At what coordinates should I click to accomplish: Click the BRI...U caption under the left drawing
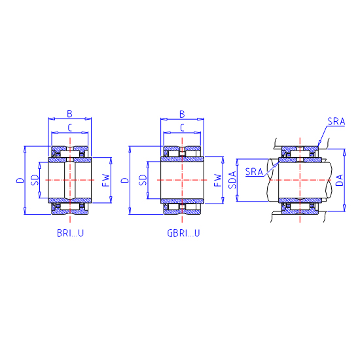(70, 233)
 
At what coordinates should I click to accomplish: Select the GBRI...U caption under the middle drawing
(183, 233)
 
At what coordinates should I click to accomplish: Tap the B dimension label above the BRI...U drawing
(69, 114)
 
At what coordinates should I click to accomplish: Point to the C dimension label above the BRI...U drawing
(70, 128)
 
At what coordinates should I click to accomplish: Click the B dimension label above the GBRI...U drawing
(182, 114)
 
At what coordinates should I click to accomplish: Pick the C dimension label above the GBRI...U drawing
(183, 128)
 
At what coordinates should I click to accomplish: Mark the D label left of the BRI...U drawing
(20, 180)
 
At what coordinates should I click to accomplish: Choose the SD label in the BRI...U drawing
(35, 180)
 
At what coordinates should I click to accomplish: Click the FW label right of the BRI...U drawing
(106, 180)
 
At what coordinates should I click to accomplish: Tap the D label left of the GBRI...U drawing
(125, 180)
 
